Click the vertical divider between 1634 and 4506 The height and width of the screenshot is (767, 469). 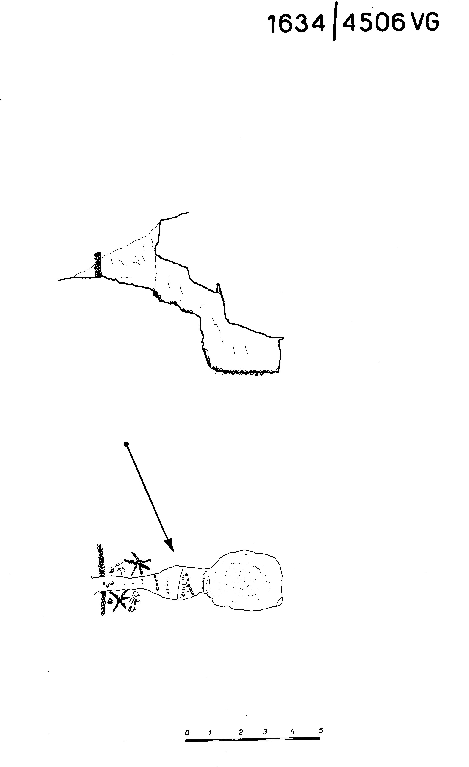point(334,21)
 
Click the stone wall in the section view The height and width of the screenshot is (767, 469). point(98,265)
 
